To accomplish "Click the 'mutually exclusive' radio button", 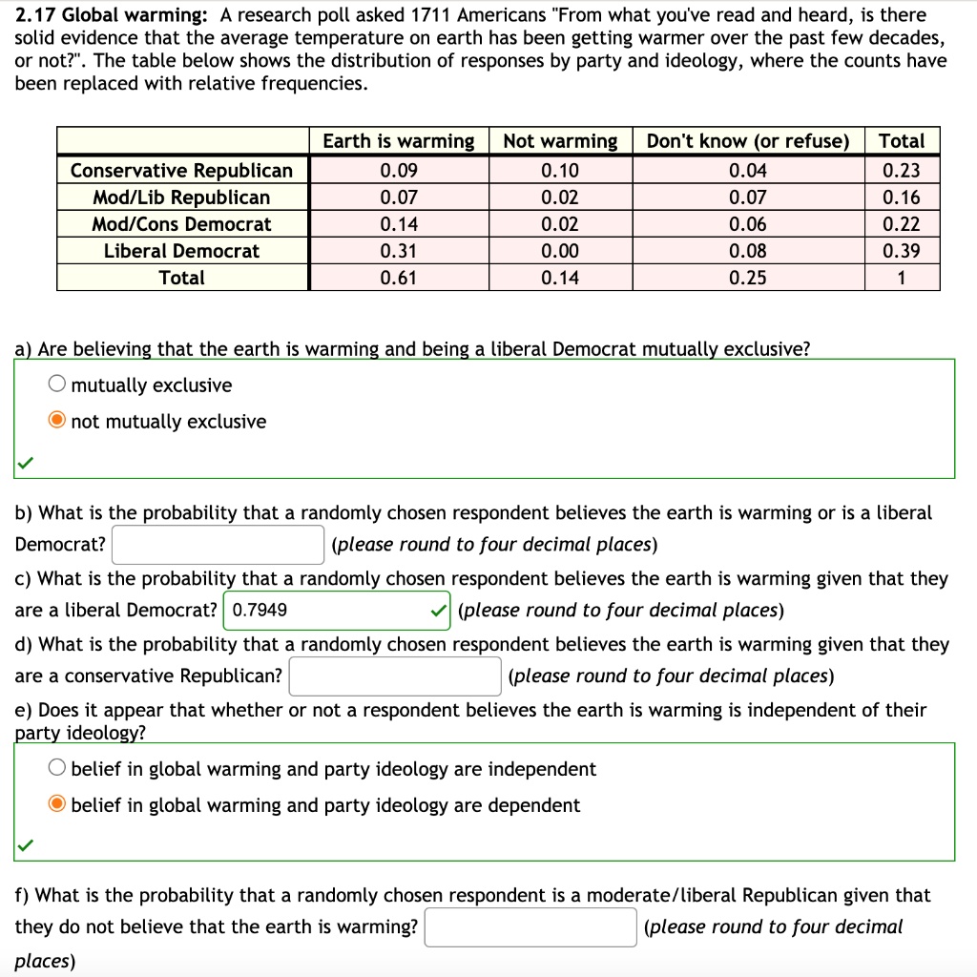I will coord(57,385).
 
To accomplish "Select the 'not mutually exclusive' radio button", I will coord(57,422).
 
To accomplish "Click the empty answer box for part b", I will coord(218,545).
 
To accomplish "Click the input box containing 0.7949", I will coord(324,610).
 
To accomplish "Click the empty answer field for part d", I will coord(395,676).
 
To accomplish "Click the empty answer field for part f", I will coord(530,927).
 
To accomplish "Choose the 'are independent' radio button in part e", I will coord(57,769).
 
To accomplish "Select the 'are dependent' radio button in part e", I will coord(57,805).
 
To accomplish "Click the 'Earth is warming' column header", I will coord(398,141).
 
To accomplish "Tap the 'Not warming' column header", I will coord(560,141).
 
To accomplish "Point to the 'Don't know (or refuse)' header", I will coord(747,141).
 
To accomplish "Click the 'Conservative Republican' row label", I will coord(181,171).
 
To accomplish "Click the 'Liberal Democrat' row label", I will coord(181,251).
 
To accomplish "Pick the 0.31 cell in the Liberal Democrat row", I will coord(398,251).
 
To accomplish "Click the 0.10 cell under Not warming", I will coord(560,171).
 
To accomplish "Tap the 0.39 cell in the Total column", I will coord(902,251).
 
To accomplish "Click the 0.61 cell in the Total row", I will coord(398,278).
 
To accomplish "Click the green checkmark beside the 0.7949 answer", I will coord(437,610).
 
